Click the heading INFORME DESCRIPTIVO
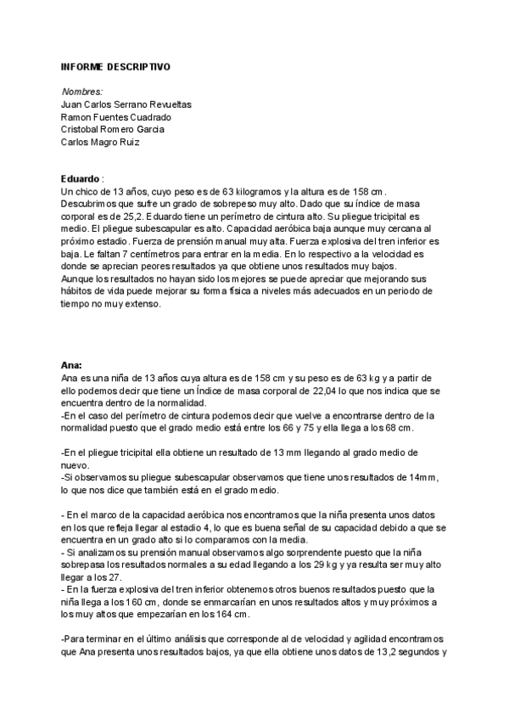(115, 65)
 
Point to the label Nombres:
(82, 91)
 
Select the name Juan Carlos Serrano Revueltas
(126, 104)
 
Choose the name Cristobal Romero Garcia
(113, 129)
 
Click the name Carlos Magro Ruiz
(100, 142)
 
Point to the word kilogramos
(253, 193)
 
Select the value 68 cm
(400, 427)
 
